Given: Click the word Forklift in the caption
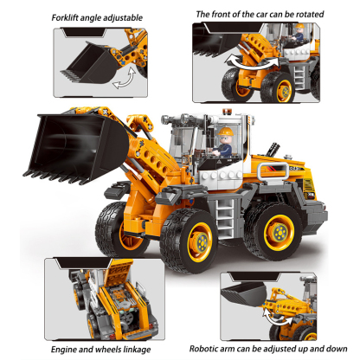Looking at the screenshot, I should [71, 16].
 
